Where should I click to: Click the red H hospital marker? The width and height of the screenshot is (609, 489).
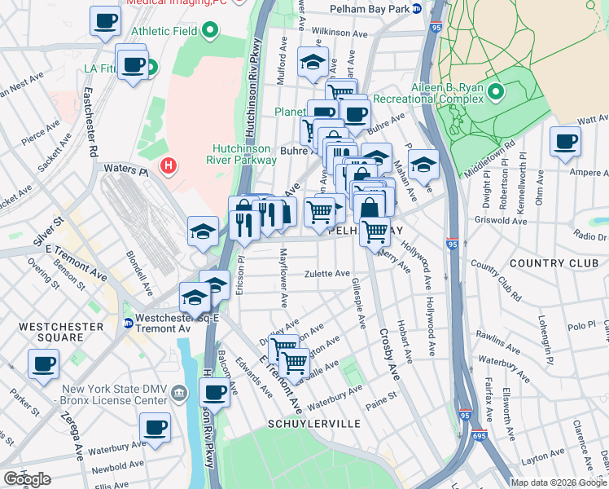click(169, 167)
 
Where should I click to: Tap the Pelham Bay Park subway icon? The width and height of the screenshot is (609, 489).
click(416, 9)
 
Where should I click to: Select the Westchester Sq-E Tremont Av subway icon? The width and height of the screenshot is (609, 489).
click(128, 324)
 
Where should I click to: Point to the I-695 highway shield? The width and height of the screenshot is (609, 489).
click(480, 437)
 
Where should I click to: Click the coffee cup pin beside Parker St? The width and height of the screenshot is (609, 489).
click(43, 364)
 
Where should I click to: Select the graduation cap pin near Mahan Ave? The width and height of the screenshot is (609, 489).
click(423, 165)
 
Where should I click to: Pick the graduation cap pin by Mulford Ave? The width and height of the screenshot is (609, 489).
click(312, 62)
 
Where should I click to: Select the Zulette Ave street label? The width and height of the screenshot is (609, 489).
click(327, 274)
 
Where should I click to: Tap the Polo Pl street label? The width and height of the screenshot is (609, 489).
click(581, 326)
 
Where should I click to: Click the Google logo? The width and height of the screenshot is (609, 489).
click(27, 478)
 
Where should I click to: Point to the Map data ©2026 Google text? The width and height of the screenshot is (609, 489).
click(558, 482)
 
